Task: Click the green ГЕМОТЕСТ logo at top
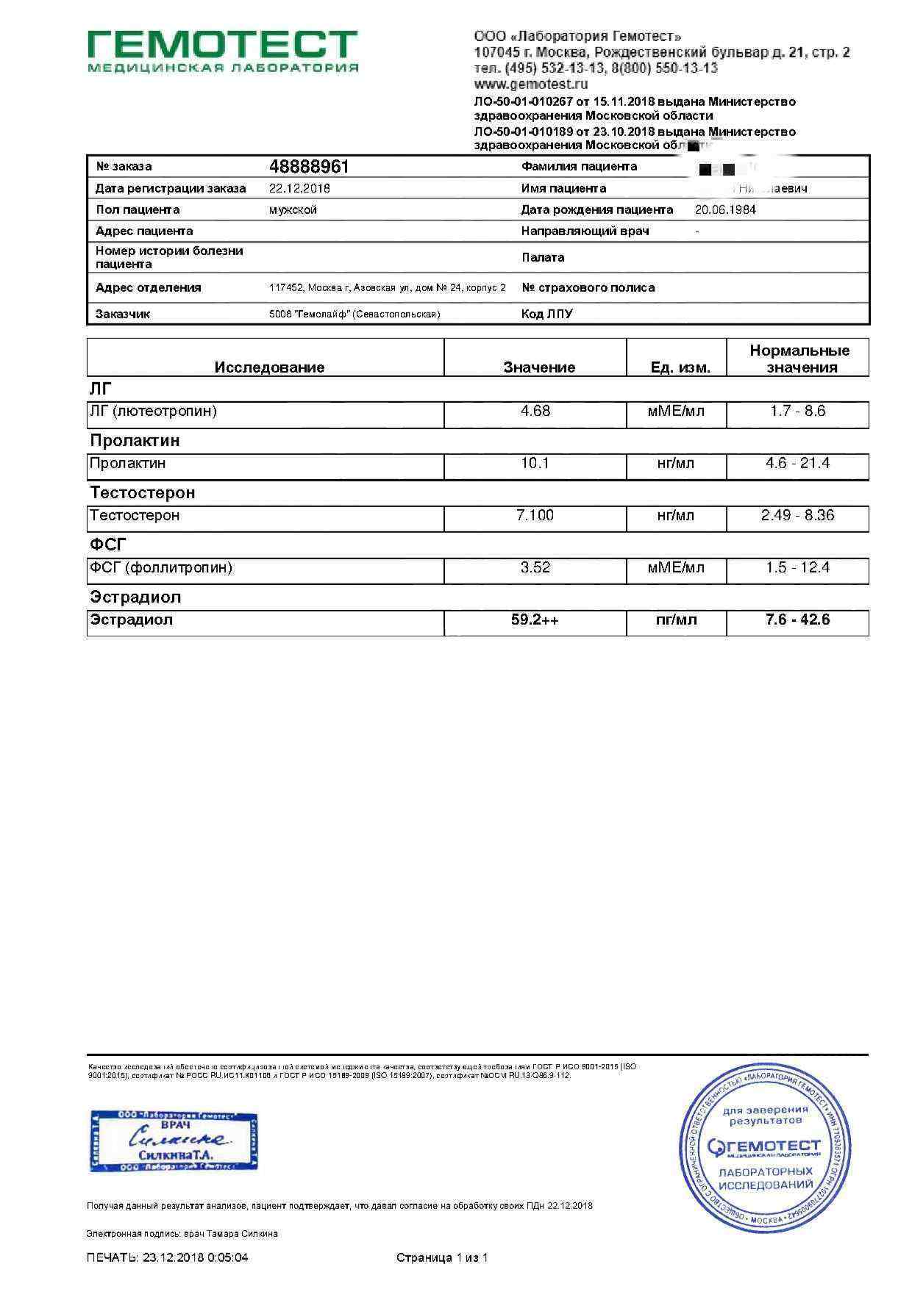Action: pos(223,51)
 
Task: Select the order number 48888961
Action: pos(309,167)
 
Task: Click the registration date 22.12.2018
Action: pos(299,188)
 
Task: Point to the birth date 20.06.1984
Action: pos(725,209)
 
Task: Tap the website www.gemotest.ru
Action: pos(531,85)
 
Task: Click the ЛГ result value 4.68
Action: pos(535,411)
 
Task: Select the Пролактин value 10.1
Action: pos(535,463)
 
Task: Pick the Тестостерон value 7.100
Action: pos(535,515)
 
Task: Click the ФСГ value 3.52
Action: pos(535,567)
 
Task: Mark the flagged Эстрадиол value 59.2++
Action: pos(535,620)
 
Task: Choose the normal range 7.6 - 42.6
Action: pos(797,620)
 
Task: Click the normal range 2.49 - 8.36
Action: pos(797,515)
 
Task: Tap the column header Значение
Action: pos(539,367)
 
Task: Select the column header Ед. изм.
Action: pos(680,367)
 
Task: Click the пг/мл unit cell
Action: pos(676,620)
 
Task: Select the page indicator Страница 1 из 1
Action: pos(442,1257)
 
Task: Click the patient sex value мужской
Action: pos(293,209)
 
